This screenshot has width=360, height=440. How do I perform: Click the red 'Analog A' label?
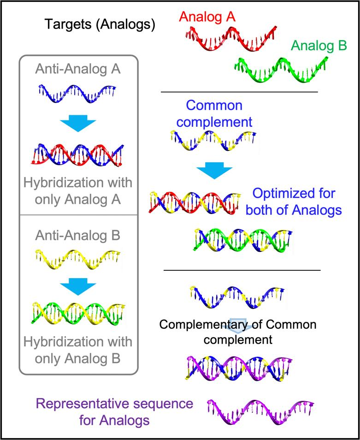207,17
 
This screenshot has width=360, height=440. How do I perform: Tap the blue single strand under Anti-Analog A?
77,94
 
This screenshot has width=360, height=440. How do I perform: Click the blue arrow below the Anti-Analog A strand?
77,124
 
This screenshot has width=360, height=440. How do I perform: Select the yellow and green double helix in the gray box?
77,314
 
